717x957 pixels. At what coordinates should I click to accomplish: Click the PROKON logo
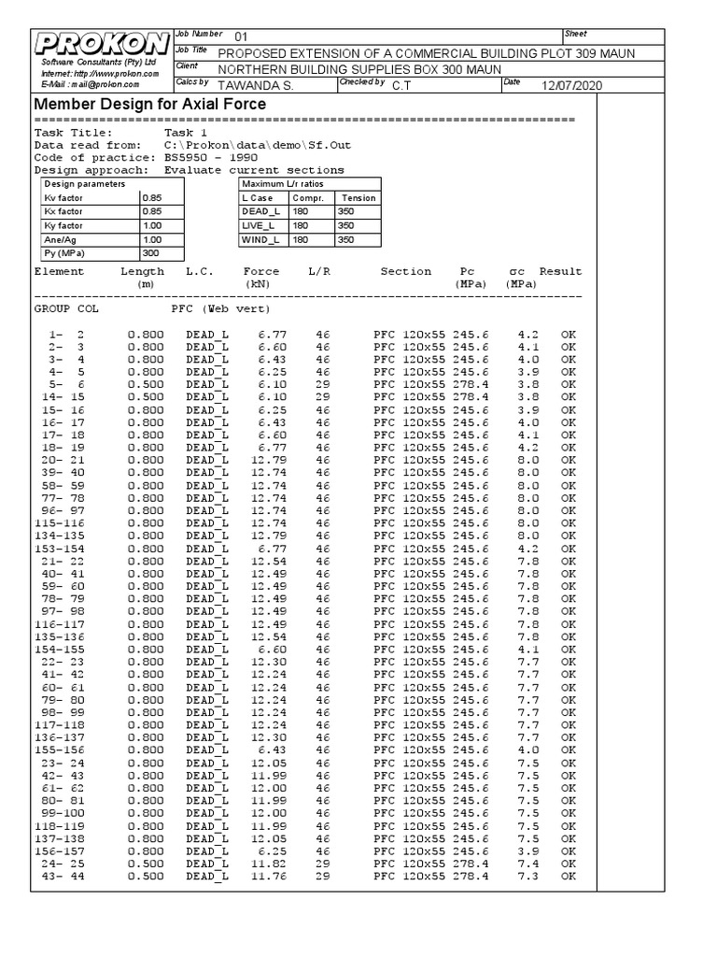tap(104, 43)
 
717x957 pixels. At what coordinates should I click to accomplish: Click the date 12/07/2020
tap(571, 86)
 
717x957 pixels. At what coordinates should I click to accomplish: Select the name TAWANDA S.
tap(254, 86)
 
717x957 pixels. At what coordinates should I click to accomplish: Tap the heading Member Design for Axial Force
tap(150, 105)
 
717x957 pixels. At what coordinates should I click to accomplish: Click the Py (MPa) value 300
tap(151, 254)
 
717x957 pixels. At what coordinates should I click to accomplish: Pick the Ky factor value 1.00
tap(151, 226)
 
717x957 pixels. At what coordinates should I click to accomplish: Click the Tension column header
tap(358, 198)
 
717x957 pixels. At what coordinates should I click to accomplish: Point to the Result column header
tap(560, 272)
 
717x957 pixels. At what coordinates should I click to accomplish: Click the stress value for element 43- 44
tap(527, 876)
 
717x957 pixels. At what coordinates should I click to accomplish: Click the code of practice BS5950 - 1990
tap(211, 158)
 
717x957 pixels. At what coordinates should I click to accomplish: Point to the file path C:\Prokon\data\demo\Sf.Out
tap(258, 146)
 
